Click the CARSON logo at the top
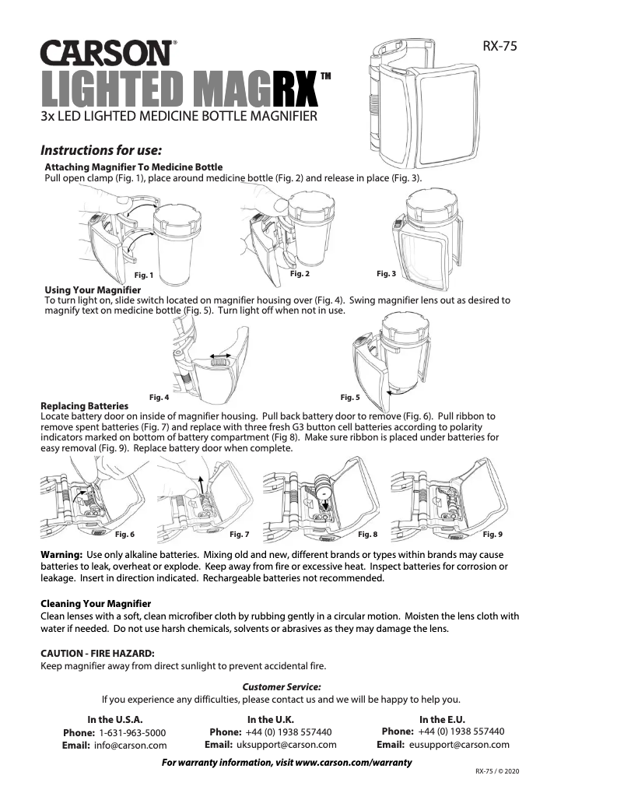(107, 54)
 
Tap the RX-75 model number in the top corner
(500, 47)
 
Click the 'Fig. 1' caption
(144, 275)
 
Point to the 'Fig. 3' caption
(386, 274)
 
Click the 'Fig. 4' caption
(159, 397)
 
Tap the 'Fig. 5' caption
(350, 397)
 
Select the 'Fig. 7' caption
(240, 535)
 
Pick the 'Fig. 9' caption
(493, 535)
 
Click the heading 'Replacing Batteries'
(84, 406)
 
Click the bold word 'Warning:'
(61, 554)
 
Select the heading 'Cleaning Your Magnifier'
(96, 604)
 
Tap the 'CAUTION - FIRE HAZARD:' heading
(97, 652)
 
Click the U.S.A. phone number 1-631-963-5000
(132, 733)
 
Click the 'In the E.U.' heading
(442, 720)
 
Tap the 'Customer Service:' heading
(282, 686)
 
